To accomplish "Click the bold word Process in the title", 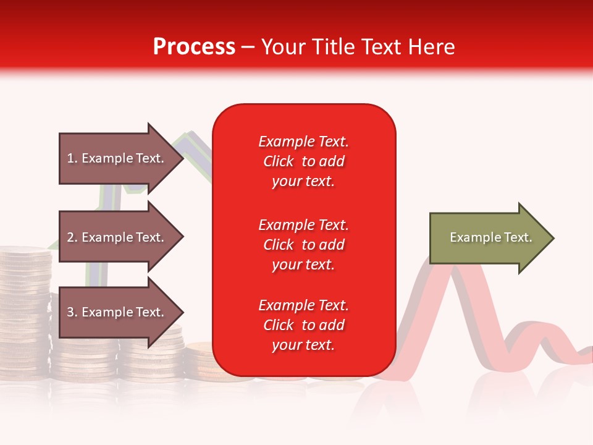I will (x=194, y=47).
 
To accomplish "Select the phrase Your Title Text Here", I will (x=358, y=47).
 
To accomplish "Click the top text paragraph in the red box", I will (x=303, y=161).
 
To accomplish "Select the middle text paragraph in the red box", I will (x=303, y=245).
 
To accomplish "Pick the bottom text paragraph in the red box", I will (x=303, y=325).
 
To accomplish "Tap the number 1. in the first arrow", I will (x=72, y=158).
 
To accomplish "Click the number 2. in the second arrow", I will (x=72, y=237).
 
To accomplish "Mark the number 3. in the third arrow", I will (x=72, y=312).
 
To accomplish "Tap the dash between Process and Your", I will (x=248, y=47).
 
